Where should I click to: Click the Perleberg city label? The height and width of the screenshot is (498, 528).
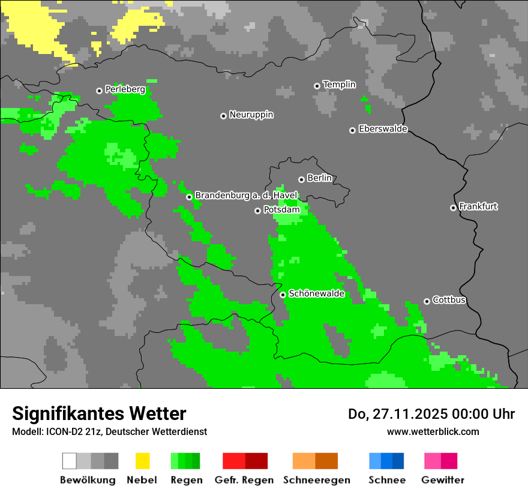coord(125,89)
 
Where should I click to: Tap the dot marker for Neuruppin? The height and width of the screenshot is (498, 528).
coord(223,116)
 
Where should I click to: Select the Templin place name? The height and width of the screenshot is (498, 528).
coord(339,85)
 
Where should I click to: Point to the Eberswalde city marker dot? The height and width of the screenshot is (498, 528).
coord(352,130)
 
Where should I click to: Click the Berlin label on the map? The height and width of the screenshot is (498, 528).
coord(319,178)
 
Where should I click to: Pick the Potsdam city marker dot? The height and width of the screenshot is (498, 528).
coord(257,211)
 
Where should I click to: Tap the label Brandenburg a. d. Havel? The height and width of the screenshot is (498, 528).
coord(246,196)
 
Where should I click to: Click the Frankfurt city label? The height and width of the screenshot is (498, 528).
coord(478,206)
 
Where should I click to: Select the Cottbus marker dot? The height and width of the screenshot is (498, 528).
coord(427,301)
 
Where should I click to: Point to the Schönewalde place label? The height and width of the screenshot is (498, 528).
coord(316,293)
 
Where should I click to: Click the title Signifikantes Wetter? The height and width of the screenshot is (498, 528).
coord(99,413)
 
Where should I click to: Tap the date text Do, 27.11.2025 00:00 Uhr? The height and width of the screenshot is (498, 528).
coord(431,414)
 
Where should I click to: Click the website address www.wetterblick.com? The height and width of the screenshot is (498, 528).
coord(433,431)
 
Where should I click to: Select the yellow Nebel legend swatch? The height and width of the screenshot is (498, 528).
coord(142,461)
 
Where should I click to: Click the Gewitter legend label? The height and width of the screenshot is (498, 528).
coord(442,480)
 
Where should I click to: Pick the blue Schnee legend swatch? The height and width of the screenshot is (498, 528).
coord(386,461)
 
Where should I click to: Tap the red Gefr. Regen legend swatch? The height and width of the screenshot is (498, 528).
coord(245,461)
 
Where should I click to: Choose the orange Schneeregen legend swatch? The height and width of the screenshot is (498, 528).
coord(315,461)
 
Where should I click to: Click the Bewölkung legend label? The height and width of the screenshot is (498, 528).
coord(88,480)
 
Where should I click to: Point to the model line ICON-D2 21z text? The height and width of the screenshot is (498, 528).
coord(109,431)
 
